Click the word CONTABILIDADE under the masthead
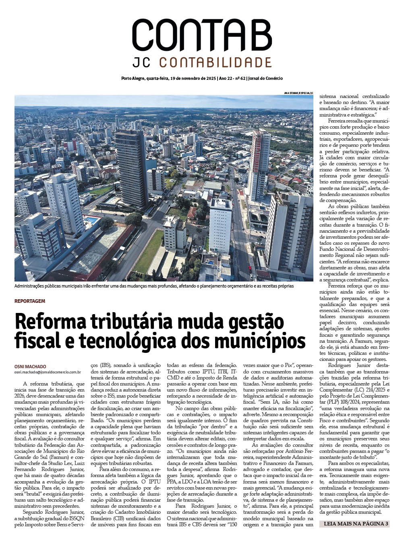[215, 63]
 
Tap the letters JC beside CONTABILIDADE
[142, 63]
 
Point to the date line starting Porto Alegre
[202, 78]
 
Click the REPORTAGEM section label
[30, 301]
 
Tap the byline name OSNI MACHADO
[30, 366]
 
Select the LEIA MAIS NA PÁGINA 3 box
[355, 524]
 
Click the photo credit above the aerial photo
[298, 93]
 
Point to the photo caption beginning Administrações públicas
[154, 286]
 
